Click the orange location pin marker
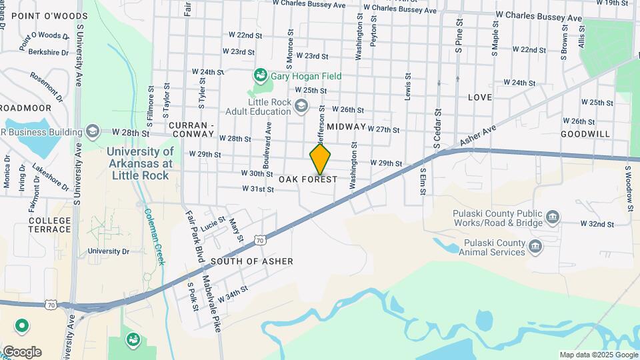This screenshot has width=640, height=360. (320, 159)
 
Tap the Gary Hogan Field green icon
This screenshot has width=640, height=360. (261, 76)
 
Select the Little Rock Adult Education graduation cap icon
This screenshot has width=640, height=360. (302, 105)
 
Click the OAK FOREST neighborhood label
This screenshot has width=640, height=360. (308, 179)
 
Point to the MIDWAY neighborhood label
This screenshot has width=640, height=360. (347, 127)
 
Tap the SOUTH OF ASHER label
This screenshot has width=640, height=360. (251, 261)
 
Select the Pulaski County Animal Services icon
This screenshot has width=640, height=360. (535, 247)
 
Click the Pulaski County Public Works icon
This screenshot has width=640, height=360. (553, 217)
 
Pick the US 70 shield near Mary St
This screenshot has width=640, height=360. (261, 239)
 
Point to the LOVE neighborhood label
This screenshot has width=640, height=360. (479, 97)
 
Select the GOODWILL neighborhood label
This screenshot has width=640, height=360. (585, 134)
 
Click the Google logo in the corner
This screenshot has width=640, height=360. (22, 351)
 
